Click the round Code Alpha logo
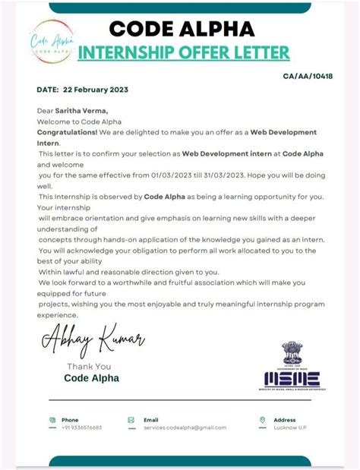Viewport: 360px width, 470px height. point(52,41)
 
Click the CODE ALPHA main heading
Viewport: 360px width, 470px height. point(182,29)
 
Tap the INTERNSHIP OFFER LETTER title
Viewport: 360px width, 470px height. point(184,52)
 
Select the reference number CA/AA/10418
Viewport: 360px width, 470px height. point(308,77)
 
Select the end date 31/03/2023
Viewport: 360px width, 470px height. point(230,174)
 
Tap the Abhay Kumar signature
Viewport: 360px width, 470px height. point(92,339)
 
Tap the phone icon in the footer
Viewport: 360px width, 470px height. point(52,419)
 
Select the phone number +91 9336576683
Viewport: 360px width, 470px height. point(81,427)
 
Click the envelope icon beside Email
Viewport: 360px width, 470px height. point(131,419)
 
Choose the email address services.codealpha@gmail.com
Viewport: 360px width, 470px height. point(185,427)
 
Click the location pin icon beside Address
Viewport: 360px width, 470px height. point(262,419)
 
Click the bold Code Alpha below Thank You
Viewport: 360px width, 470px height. point(91,378)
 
